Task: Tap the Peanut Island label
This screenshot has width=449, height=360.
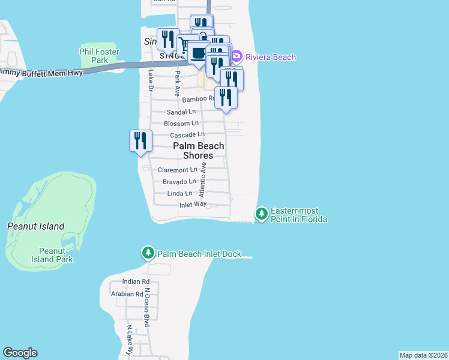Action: [35, 226]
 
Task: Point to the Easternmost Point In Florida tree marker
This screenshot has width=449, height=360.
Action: [261, 214]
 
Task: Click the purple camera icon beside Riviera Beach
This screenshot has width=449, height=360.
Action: [237, 56]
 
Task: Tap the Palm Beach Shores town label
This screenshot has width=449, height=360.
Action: [199, 151]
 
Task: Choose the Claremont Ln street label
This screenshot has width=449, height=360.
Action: [177, 170]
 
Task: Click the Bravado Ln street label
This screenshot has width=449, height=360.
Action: [179, 181]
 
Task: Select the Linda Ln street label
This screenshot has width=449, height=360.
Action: [180, 193]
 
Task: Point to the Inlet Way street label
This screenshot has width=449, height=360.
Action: [193, 205]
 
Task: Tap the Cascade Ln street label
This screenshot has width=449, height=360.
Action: [187, 135]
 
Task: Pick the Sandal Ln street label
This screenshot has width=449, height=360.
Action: [181, 112]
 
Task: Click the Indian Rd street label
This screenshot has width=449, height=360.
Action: [136, 281]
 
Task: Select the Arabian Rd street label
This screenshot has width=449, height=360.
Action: [127, 294]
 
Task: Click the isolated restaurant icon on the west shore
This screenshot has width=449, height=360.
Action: [140, 141]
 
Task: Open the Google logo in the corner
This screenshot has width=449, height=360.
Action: [20, 353]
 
